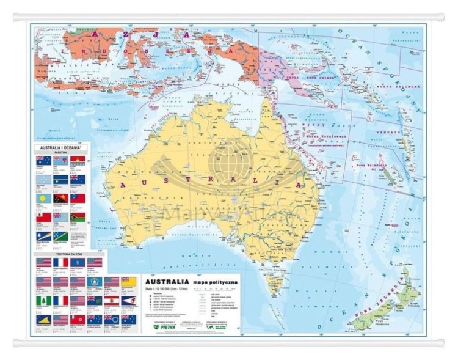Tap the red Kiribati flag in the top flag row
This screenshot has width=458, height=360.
pyautogui.click(x=78, y=160)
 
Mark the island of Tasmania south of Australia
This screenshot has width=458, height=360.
pyautogui.click(x=278, y=282)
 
